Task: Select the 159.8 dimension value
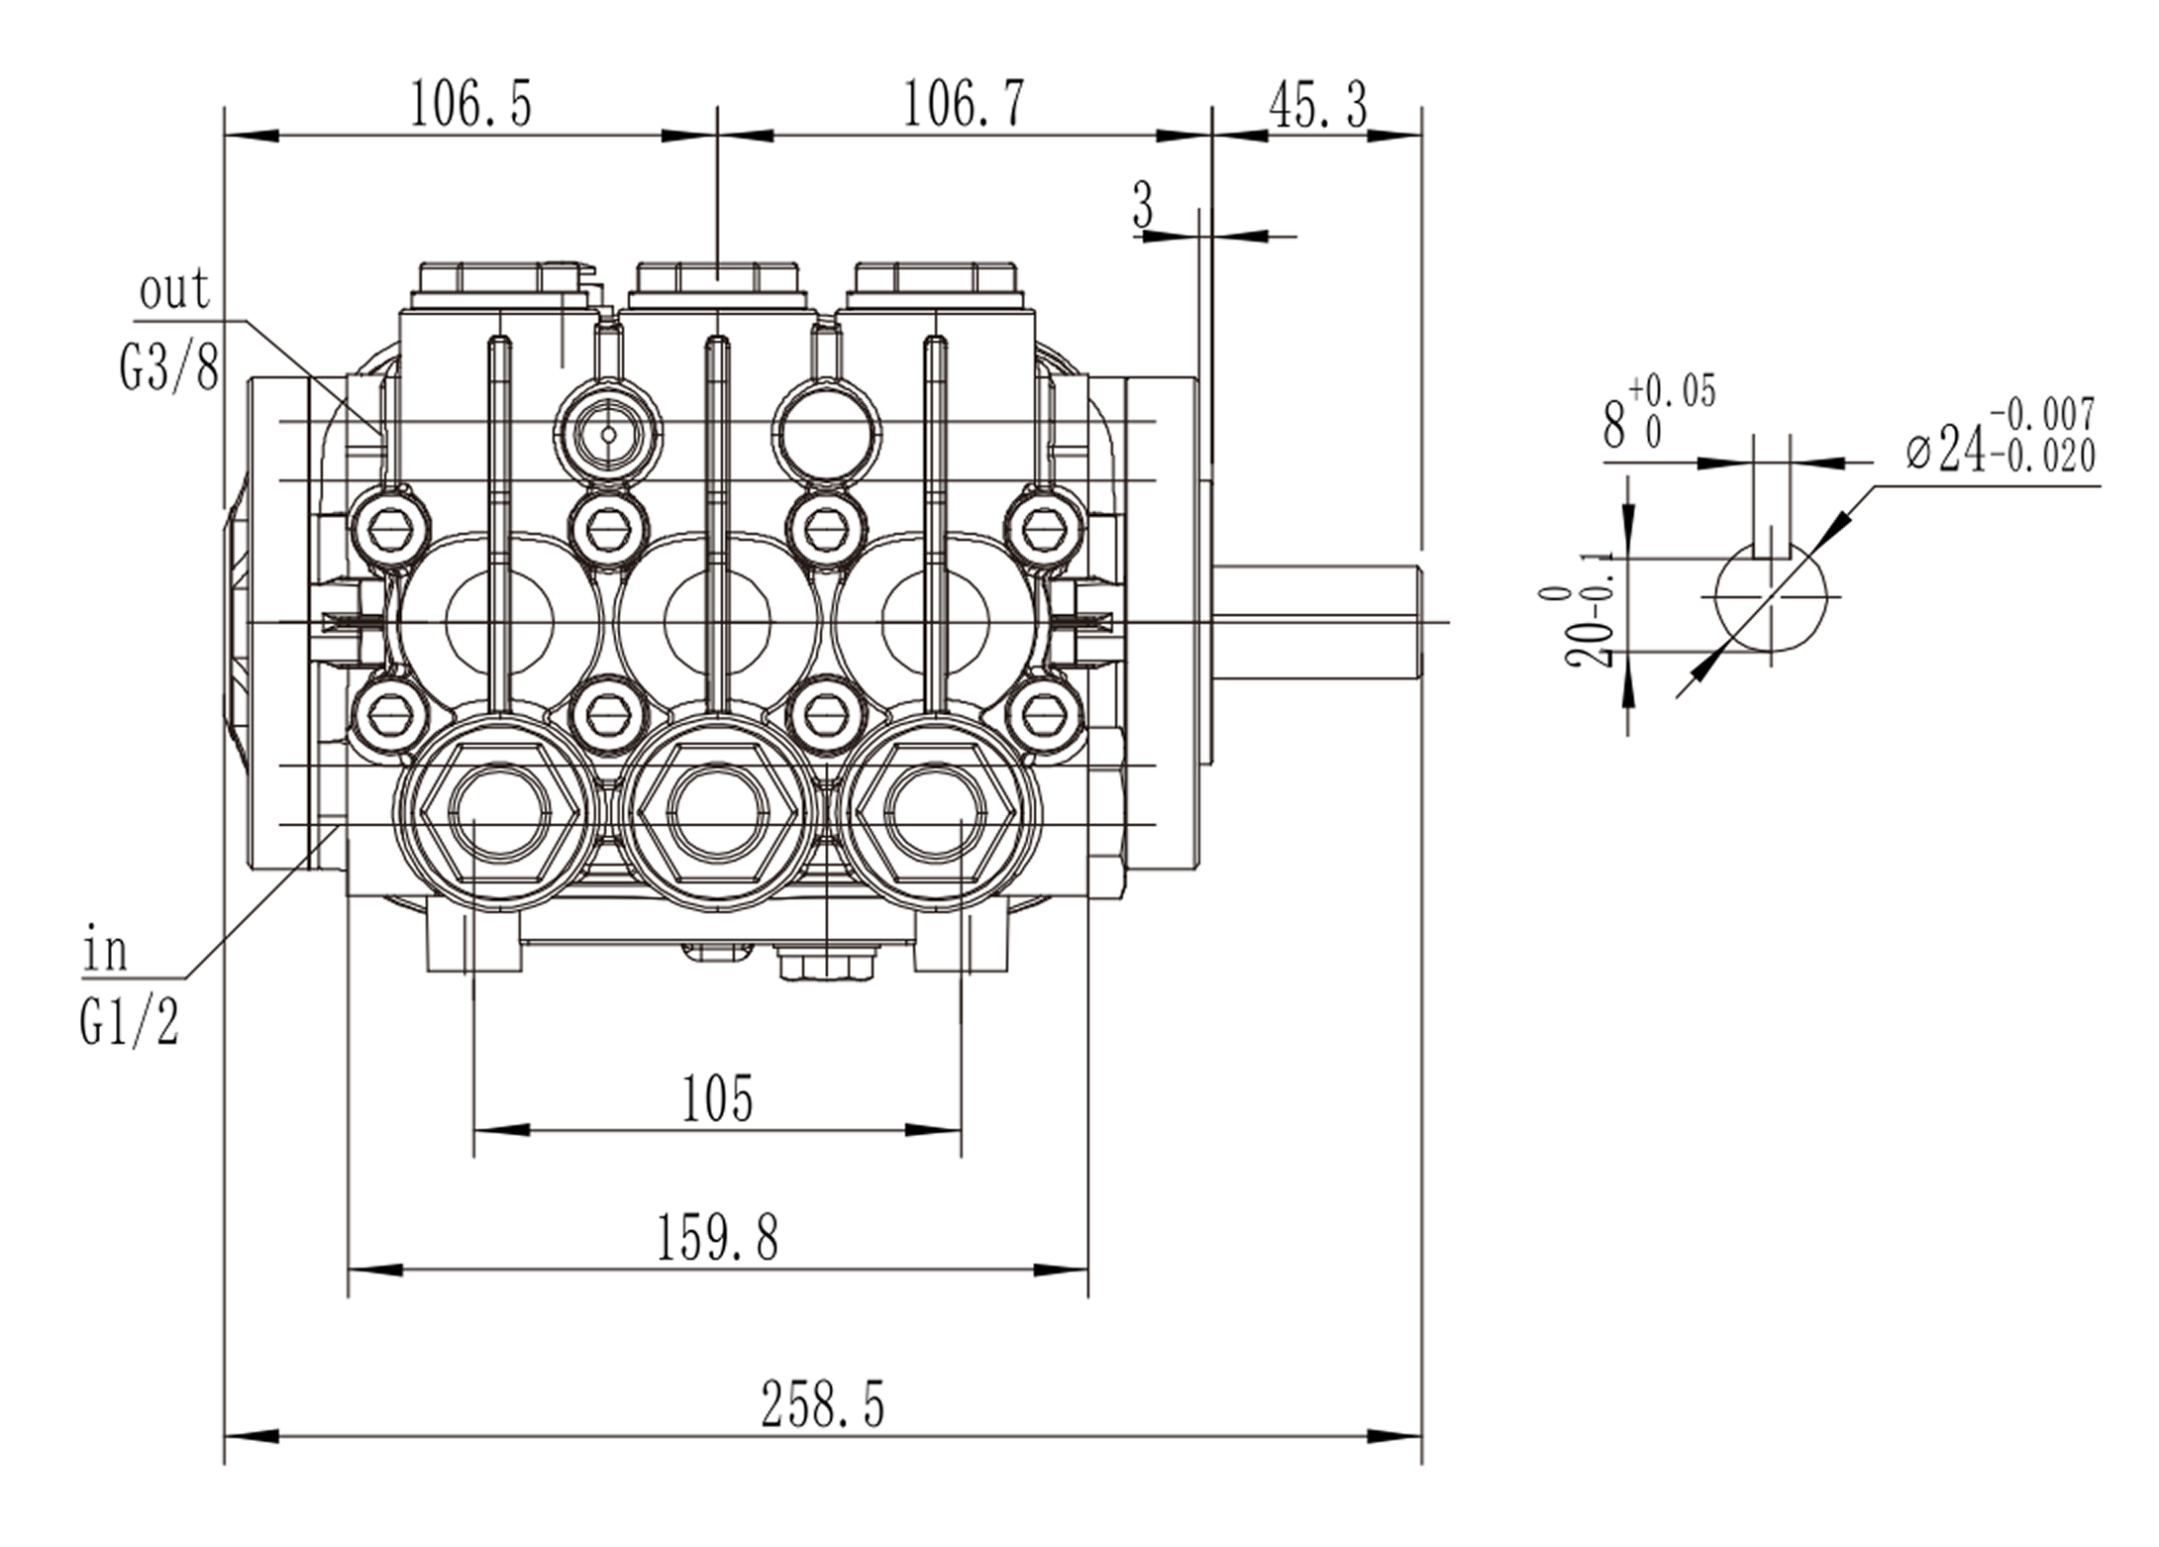click(x=718, y=1238)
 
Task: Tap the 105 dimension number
click(x=718, y=1098)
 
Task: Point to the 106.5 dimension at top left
click(x=470, y=104)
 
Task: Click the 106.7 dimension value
click(x=964, y=104)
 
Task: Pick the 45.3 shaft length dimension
click(x=1317, y=106)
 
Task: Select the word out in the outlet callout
click(x=174, y=290)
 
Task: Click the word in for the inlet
click(x=105, y=952)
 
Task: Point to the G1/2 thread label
click(x=130, y=1022)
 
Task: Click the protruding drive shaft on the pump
click(x=1317, y=622)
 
